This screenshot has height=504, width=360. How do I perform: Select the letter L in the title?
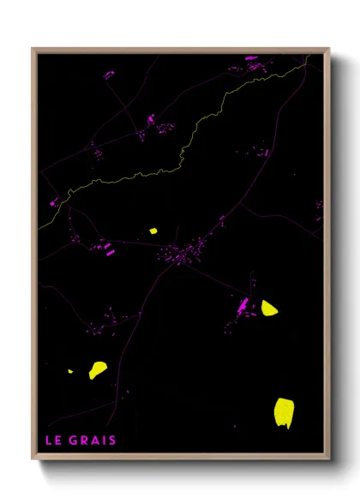tap(48, 441)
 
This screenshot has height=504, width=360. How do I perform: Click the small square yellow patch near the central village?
tap(153, 231)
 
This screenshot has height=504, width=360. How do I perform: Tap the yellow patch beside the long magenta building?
tap(269, 308)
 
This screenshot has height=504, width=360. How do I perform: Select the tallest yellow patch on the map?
tap(284, 412)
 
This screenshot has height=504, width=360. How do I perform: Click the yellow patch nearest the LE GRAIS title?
tap(99, 369)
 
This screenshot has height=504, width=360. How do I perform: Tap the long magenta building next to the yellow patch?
tap(243, 305)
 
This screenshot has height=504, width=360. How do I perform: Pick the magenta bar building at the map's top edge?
tap(251, 58)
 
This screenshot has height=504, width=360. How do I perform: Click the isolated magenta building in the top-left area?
tap(108, 75)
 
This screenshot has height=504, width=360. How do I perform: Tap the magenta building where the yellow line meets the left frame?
tap(54, 203)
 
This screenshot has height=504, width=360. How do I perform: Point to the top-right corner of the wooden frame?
tap(328, 49)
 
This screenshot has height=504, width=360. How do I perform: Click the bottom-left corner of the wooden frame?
tap(33, 458)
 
